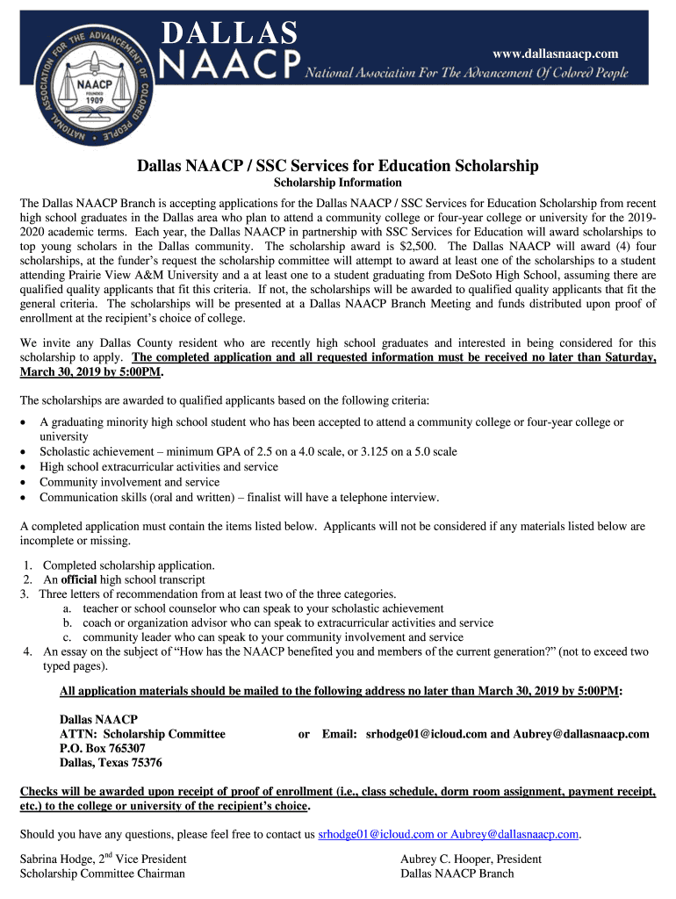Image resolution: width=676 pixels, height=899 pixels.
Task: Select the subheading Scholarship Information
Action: click(338, 183)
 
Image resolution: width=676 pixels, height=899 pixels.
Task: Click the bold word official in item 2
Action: click(78, 579)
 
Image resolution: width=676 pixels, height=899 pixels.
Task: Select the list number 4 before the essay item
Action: click(28, 651)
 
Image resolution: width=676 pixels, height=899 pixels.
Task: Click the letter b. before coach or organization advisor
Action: click(66, 622)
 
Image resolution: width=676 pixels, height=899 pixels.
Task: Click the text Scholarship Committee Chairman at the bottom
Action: click(103, 874)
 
